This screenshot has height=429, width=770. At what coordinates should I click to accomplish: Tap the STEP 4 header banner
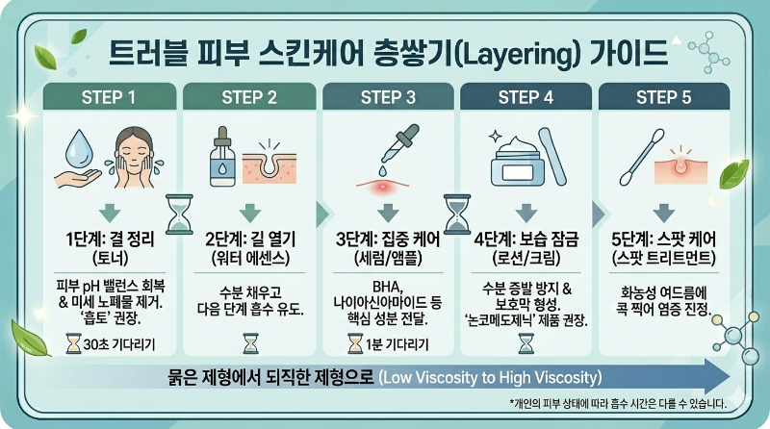tap(526, 96)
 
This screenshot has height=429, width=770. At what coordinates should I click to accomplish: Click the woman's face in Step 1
tap(141, 151)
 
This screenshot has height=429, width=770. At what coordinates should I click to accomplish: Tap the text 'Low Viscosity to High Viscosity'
tap(490, 375)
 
